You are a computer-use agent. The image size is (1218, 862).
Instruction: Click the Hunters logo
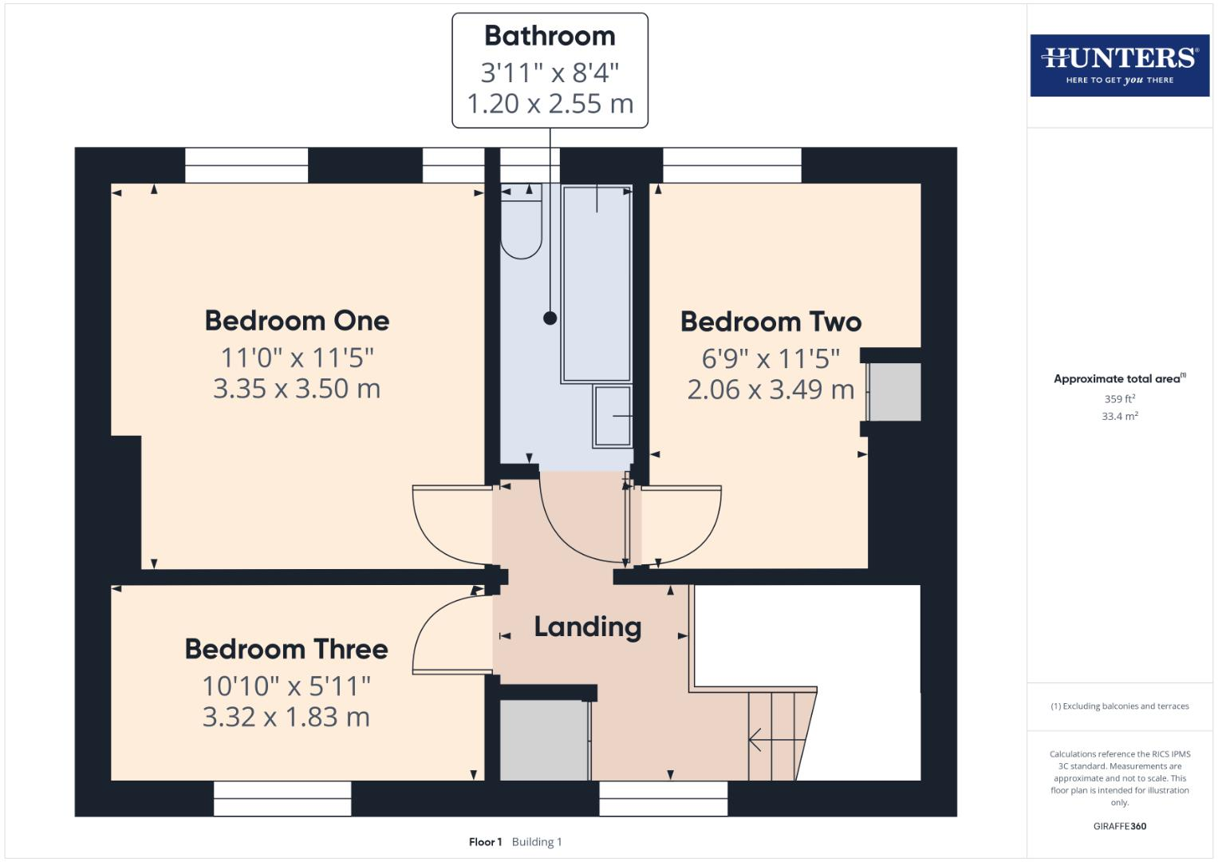pos(1119,65)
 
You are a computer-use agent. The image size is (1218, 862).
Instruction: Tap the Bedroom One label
pos(297,321)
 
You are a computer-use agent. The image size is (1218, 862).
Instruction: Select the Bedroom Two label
pos(771,322)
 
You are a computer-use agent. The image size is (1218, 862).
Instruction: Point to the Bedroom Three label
pos(286,649)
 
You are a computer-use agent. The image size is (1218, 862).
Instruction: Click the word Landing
pos(587,627)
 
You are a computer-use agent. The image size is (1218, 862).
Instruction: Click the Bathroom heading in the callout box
pos(550,36)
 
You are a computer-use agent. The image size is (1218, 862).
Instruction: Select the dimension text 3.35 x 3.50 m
pos(297,389)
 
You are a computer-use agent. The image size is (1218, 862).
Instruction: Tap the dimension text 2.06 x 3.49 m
pos(771,389)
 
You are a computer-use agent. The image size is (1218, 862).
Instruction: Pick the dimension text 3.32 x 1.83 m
pos(286,717)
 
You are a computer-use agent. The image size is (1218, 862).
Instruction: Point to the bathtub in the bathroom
pos(597,283)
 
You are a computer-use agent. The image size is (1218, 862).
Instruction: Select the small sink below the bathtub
pos(613,416)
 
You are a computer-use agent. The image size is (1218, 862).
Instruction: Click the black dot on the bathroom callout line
pos(550,318)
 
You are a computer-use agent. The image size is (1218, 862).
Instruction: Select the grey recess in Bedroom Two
pos(894,392)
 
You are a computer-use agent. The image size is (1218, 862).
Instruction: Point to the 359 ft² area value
pos(1119,398)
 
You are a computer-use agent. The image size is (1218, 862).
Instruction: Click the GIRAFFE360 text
pos(1119,826)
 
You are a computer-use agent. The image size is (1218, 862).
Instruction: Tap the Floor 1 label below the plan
pos(485,842)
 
